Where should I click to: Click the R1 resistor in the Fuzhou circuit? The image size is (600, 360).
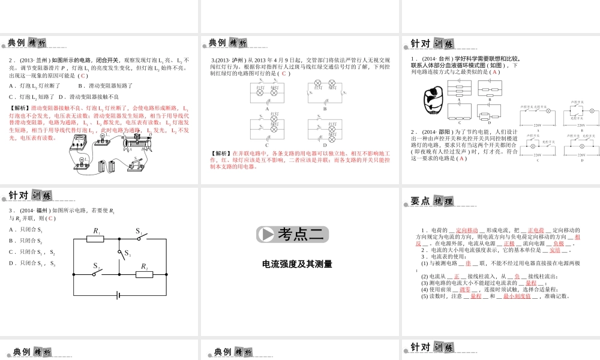[x=96, y=239]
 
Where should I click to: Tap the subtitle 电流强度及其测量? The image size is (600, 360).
[x=297, y=263]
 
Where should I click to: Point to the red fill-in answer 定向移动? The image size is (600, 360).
[x=467, y=230]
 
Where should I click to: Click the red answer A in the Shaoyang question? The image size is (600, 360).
[x=460, y=158]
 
